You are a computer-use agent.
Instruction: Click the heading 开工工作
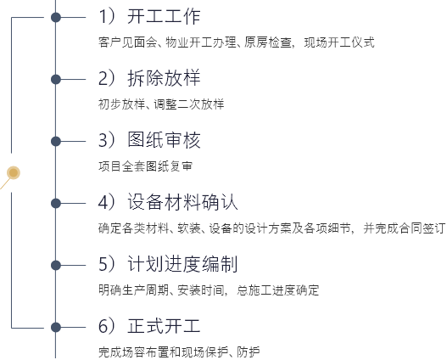[164, 16]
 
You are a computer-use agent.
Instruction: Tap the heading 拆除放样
[164, 78]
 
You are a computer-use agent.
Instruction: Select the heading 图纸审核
[164, 140]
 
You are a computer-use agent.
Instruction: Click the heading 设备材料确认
[182, 202]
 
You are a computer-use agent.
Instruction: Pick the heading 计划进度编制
[182, 264]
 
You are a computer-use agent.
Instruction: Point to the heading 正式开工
[164, 326]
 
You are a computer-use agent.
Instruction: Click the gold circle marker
[14, 172]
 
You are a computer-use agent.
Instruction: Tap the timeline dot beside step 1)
[56, 17]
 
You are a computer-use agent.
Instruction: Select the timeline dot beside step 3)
[56, 141]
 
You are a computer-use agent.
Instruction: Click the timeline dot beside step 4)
[56, 204]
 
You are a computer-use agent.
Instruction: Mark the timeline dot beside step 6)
[56, 327]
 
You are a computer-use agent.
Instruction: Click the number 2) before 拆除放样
[106, 78]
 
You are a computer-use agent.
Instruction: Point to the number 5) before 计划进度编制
[106, 264]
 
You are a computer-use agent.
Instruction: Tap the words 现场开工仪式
[339, 42]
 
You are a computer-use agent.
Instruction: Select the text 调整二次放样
[189, 104]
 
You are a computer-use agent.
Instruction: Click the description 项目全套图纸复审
[145, 166]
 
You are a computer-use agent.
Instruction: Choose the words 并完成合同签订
[405, 228]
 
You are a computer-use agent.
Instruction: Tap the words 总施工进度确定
[277, 290]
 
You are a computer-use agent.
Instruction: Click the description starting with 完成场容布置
[179, 352]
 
